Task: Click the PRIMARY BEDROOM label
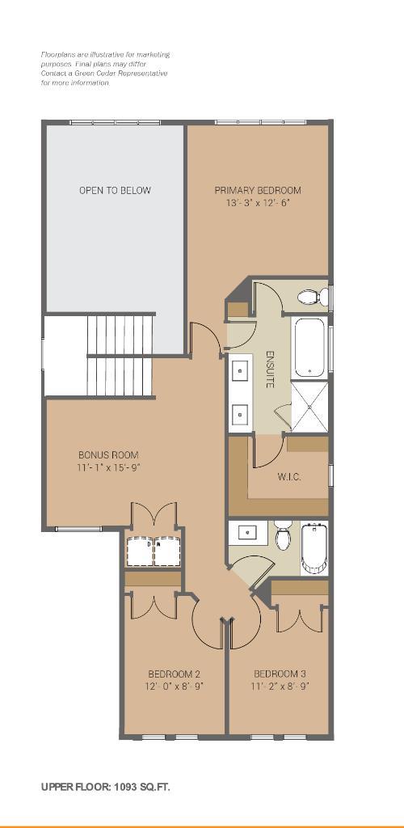point(258,191)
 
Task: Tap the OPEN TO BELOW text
point(115,191)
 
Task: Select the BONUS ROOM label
point(108,455)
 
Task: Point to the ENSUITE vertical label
point(270,370)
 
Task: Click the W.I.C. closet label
point(289,477)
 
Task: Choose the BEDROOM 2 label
point(174,674)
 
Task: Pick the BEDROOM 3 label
point(280,674)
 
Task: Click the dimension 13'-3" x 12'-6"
point(258,204)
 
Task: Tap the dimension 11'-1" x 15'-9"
point(108,467)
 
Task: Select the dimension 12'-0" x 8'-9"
point(174,686)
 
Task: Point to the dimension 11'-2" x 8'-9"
point(280,686)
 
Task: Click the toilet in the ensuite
point(310,298)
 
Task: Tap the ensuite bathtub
point(309,348)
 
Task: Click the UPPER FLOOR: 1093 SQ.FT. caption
point(106,787)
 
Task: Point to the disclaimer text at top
point(105,69)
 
